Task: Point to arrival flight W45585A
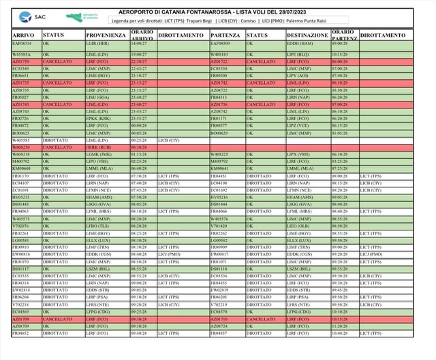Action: click(x=23, y=52)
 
